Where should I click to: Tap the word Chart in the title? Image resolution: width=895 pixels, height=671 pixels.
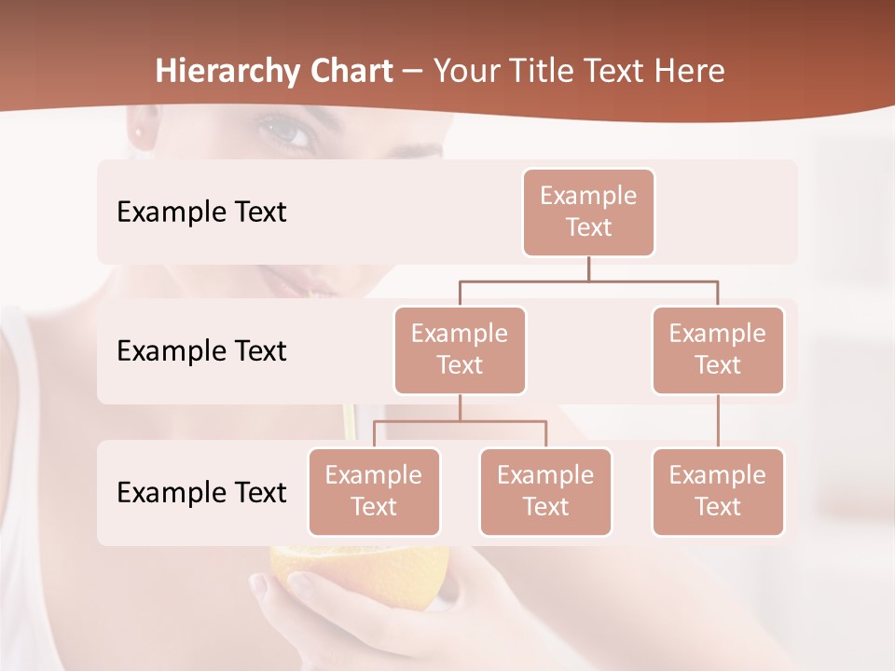click(350, 72)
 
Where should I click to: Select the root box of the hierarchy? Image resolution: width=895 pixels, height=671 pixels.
click(588, 212)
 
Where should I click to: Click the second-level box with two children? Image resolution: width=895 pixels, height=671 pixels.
click(460, 349)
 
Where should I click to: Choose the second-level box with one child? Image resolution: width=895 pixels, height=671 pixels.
click(718, 349)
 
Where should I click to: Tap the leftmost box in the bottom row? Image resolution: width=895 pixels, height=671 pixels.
click(374, 491)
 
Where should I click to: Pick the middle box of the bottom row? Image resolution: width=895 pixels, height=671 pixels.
click(545, 491)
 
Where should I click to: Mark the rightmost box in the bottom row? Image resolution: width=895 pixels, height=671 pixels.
click(718, 491)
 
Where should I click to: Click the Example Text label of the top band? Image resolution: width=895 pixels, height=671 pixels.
click(201, 212)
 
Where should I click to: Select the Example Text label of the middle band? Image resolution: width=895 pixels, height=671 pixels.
click(201, 351)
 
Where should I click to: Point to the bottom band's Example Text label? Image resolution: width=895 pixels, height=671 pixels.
click(201, 492)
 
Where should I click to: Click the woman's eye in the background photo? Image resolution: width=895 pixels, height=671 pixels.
click(288, 133)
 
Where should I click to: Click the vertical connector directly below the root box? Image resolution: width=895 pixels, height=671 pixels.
click(588, 268)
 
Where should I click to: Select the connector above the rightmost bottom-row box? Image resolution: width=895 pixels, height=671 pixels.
click(718, 421)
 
